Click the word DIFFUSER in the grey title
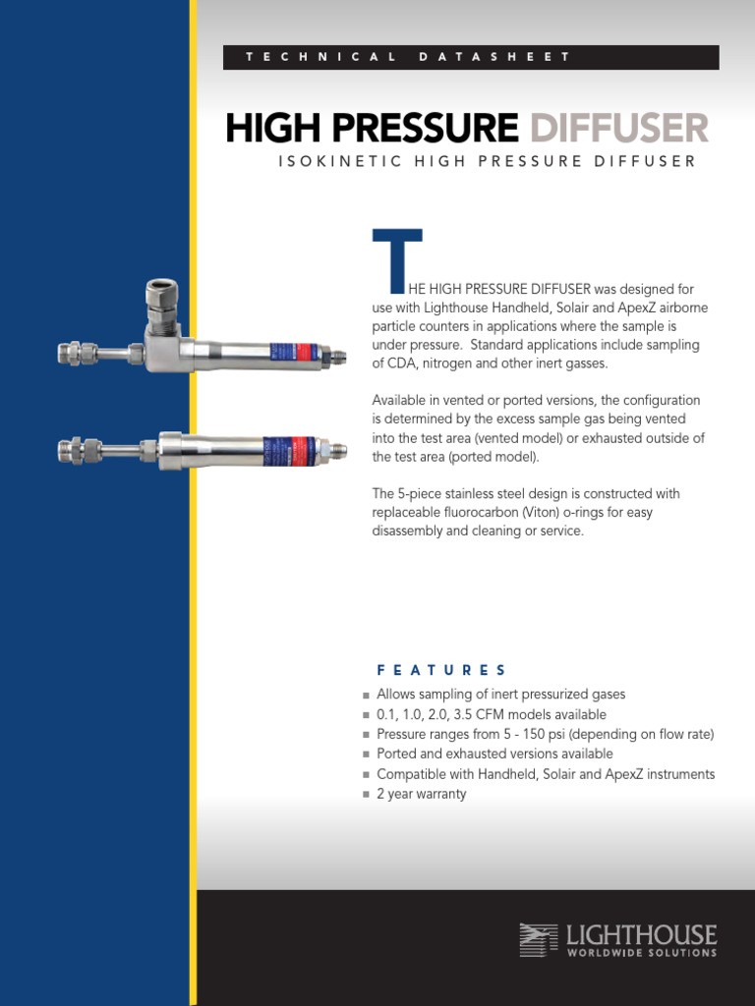(x=618, y=129)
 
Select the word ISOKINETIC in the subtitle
(x=340, y=161)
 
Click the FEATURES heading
(x=441, y=670)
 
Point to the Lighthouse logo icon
(x=539, y=939)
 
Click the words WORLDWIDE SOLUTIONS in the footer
(x=641, y=952)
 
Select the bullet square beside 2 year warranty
(x=366, y=795)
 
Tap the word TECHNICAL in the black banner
(x=321, y=57)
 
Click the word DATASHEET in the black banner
(x=494, y=57)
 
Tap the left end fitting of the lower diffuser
(x=76, y=451)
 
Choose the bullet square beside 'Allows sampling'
(x=366, y=696)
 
